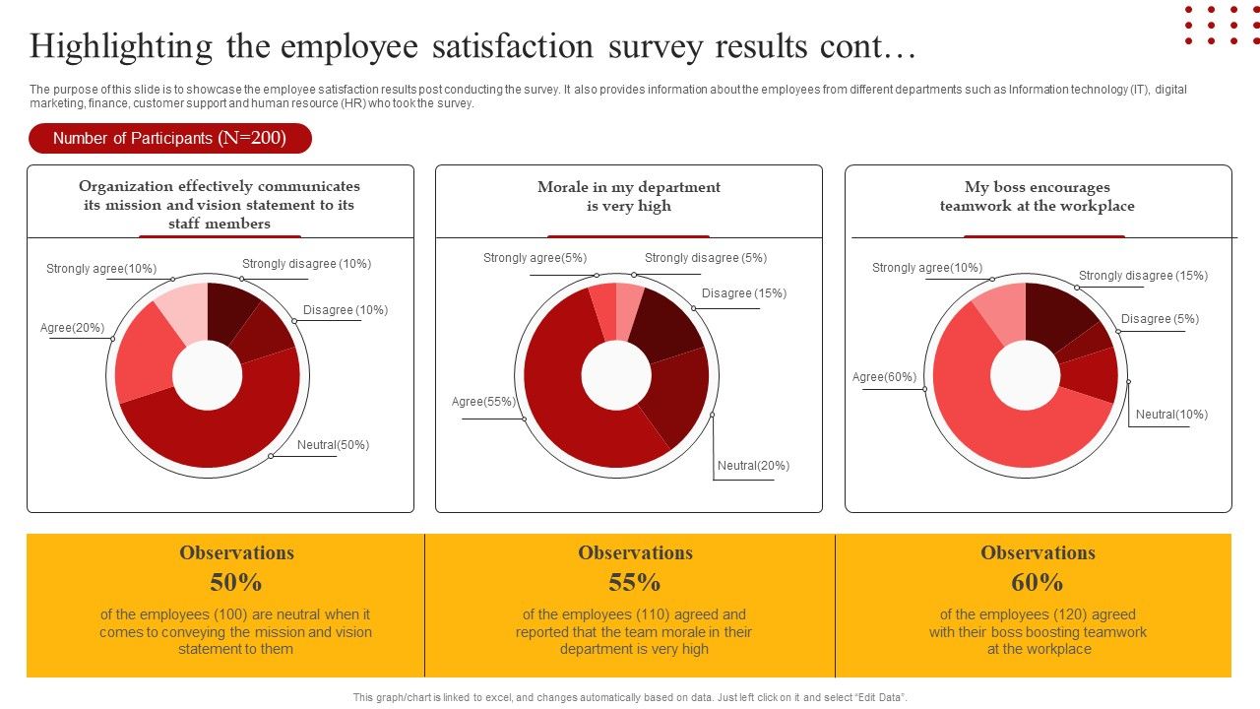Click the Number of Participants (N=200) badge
169,139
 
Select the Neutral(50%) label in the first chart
333,445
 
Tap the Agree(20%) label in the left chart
72,328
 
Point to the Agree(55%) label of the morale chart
483,402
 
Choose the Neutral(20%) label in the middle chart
753,466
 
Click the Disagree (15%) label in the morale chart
743,293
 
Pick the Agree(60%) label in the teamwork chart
884,377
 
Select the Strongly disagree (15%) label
1143,276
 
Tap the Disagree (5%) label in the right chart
1160,319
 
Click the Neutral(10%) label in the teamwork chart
1171,415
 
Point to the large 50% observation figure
236,583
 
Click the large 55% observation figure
635,583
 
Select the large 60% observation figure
1038,583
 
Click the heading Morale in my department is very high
629,197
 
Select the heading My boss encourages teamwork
1038,197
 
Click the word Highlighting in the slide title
121,46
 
